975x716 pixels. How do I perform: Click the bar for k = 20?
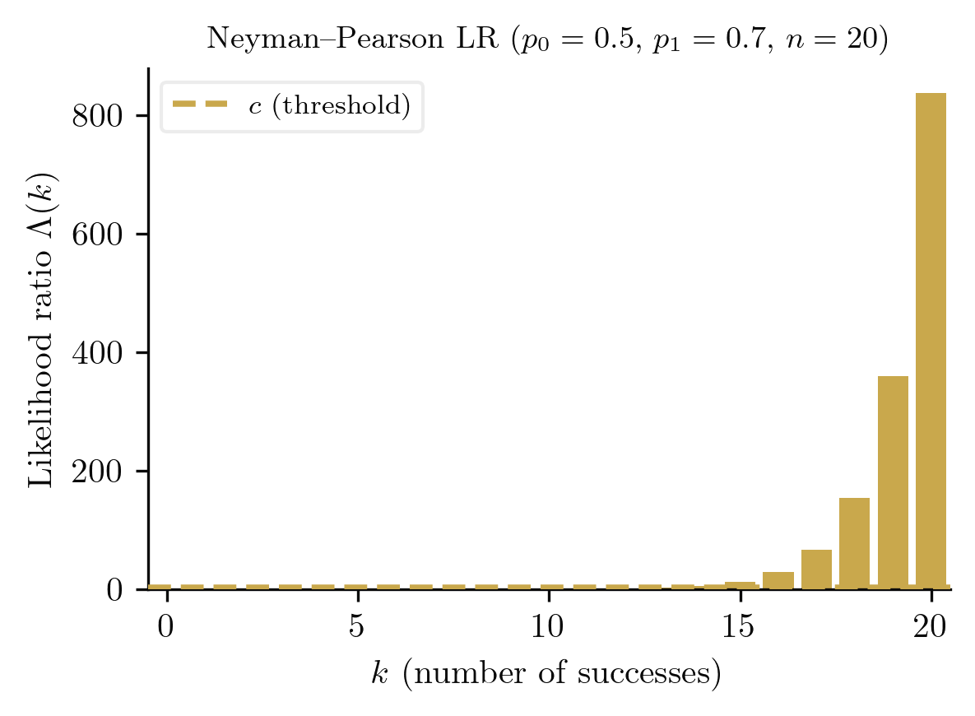click(x=931, y=341)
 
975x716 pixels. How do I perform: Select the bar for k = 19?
click(x=893, y=482)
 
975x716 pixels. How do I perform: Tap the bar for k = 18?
click(x=854, y=543)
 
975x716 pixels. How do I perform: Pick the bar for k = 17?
click(x=816, y=570)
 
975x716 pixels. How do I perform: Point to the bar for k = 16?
click(x=778, y=580)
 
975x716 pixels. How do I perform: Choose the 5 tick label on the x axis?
click(x=356, y=627)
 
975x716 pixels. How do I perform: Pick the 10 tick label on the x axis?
click(x=548, y=627)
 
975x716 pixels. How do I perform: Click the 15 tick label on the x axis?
click(x=739, y=627)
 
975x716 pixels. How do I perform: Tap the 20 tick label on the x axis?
click(x=931, y=627)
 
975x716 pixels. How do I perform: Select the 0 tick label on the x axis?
click(x=165, y=627)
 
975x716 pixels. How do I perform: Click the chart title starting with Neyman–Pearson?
click(x=547, y=40)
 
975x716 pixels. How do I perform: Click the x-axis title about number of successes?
click(x=547, y=675)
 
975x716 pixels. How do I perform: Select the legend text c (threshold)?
click(x=329, y=106)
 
